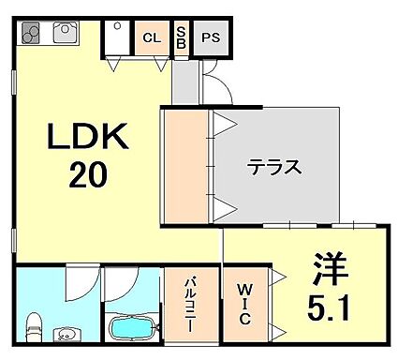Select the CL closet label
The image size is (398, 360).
point(150,38)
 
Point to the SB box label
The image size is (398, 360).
point(181,38)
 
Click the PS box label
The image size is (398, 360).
point(212,38)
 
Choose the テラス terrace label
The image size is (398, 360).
point(273,169)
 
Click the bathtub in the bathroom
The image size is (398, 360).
point(132,328)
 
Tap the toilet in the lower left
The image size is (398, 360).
point(33,327)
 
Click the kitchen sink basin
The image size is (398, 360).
point(66,34)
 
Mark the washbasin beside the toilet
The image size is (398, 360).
point(66,334)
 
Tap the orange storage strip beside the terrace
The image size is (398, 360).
point(186,167)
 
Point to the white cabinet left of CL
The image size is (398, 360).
point(117,38)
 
